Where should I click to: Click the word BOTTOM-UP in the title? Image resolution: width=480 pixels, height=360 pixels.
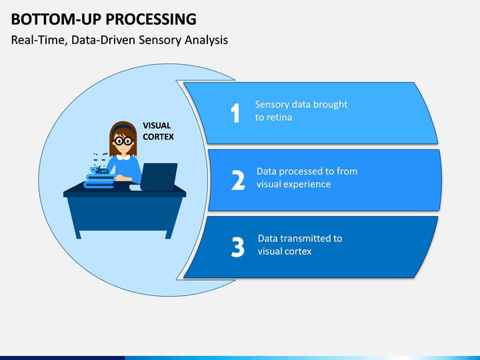pyautogui.click(x=56, y=19)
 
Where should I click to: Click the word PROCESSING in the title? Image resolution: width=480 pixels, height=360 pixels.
pyautogui.click(x=151, y=19)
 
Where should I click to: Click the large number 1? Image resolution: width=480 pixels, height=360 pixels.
pyautogui.click(x=235, y=113)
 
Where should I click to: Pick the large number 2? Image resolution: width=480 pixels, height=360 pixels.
pyautogui.click(x=238, y=180)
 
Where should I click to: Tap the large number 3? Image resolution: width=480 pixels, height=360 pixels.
pyautogui.click(x=238, y=247)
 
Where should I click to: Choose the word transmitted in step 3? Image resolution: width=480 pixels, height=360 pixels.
pyautogui.click(x=305, y=239)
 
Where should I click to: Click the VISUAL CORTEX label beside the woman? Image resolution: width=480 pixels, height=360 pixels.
pyautogui.click(x=158, y=131)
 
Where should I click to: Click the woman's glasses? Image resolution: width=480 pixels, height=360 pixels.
pyautogui.click(x=123, y=141)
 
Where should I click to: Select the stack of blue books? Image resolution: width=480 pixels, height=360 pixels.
pyautogui.click(x=100, y=181)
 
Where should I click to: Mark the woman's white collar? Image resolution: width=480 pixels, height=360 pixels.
pyautogui.click(x=123, y=157)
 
